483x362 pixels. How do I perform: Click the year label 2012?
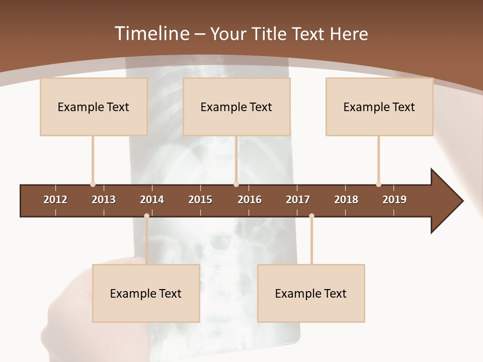[55, 200]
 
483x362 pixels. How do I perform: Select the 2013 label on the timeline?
[104, 200]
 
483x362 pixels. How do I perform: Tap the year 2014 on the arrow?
[152, 200]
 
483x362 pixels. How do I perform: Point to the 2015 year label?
[200, 200]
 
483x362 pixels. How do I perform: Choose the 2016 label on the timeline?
[250, 200]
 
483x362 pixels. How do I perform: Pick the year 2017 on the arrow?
[298, 200]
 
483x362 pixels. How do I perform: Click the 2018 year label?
[346, 200]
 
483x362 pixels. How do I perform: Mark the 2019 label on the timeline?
[394, 200]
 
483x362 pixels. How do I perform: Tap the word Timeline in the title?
[151, 34]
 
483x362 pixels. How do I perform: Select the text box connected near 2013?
[94, 107]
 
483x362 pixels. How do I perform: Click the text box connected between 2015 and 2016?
[236, 107]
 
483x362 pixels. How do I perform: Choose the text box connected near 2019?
[379, 107]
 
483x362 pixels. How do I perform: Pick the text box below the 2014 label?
[146, 293]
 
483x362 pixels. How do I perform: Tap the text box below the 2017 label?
[311, 293]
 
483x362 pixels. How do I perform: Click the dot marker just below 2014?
[146, 216]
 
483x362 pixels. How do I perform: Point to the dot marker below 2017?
[311, 216]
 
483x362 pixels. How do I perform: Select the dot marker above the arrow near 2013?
[93, 185]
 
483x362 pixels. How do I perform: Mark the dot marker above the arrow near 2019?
[378, 185]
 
